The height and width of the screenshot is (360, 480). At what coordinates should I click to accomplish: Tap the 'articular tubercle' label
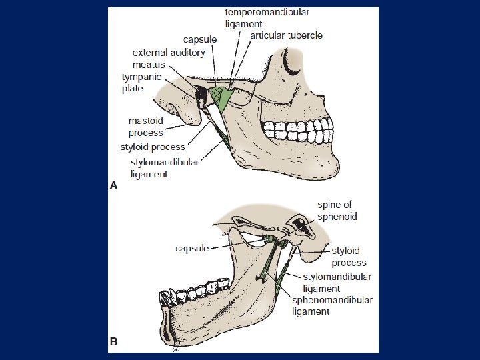286,35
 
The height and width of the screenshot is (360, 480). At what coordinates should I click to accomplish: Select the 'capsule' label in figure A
200,39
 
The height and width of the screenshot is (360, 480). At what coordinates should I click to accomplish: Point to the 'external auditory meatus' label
169,58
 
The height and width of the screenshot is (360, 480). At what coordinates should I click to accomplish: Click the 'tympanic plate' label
141,83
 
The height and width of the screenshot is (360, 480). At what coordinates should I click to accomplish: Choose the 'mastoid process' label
146,127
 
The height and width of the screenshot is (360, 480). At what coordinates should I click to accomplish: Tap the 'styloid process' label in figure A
153,147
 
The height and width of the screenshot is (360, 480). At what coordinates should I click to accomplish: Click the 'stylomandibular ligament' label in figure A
164,168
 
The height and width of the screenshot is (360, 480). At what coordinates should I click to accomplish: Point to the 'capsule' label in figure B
192,249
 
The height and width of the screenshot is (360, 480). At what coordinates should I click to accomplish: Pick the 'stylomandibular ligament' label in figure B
337,283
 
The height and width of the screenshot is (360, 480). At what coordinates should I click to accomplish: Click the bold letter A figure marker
113,185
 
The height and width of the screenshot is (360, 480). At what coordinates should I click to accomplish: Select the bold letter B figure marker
113,341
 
